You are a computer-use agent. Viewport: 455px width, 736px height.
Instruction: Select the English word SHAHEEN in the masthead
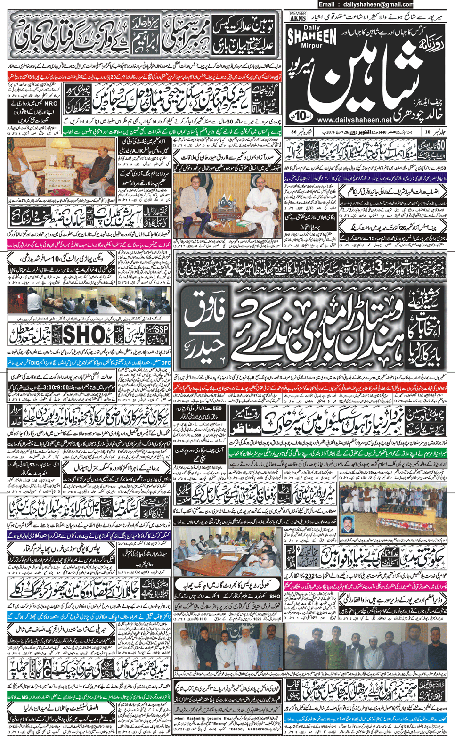pos(318,36)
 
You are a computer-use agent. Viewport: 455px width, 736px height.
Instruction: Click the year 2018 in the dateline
pos(353,132)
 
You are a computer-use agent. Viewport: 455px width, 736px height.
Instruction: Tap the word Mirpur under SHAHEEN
pos(312,46)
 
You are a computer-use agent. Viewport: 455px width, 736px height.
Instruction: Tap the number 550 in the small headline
pos(217,409)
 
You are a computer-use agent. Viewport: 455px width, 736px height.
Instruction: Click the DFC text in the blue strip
pos(165,363)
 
